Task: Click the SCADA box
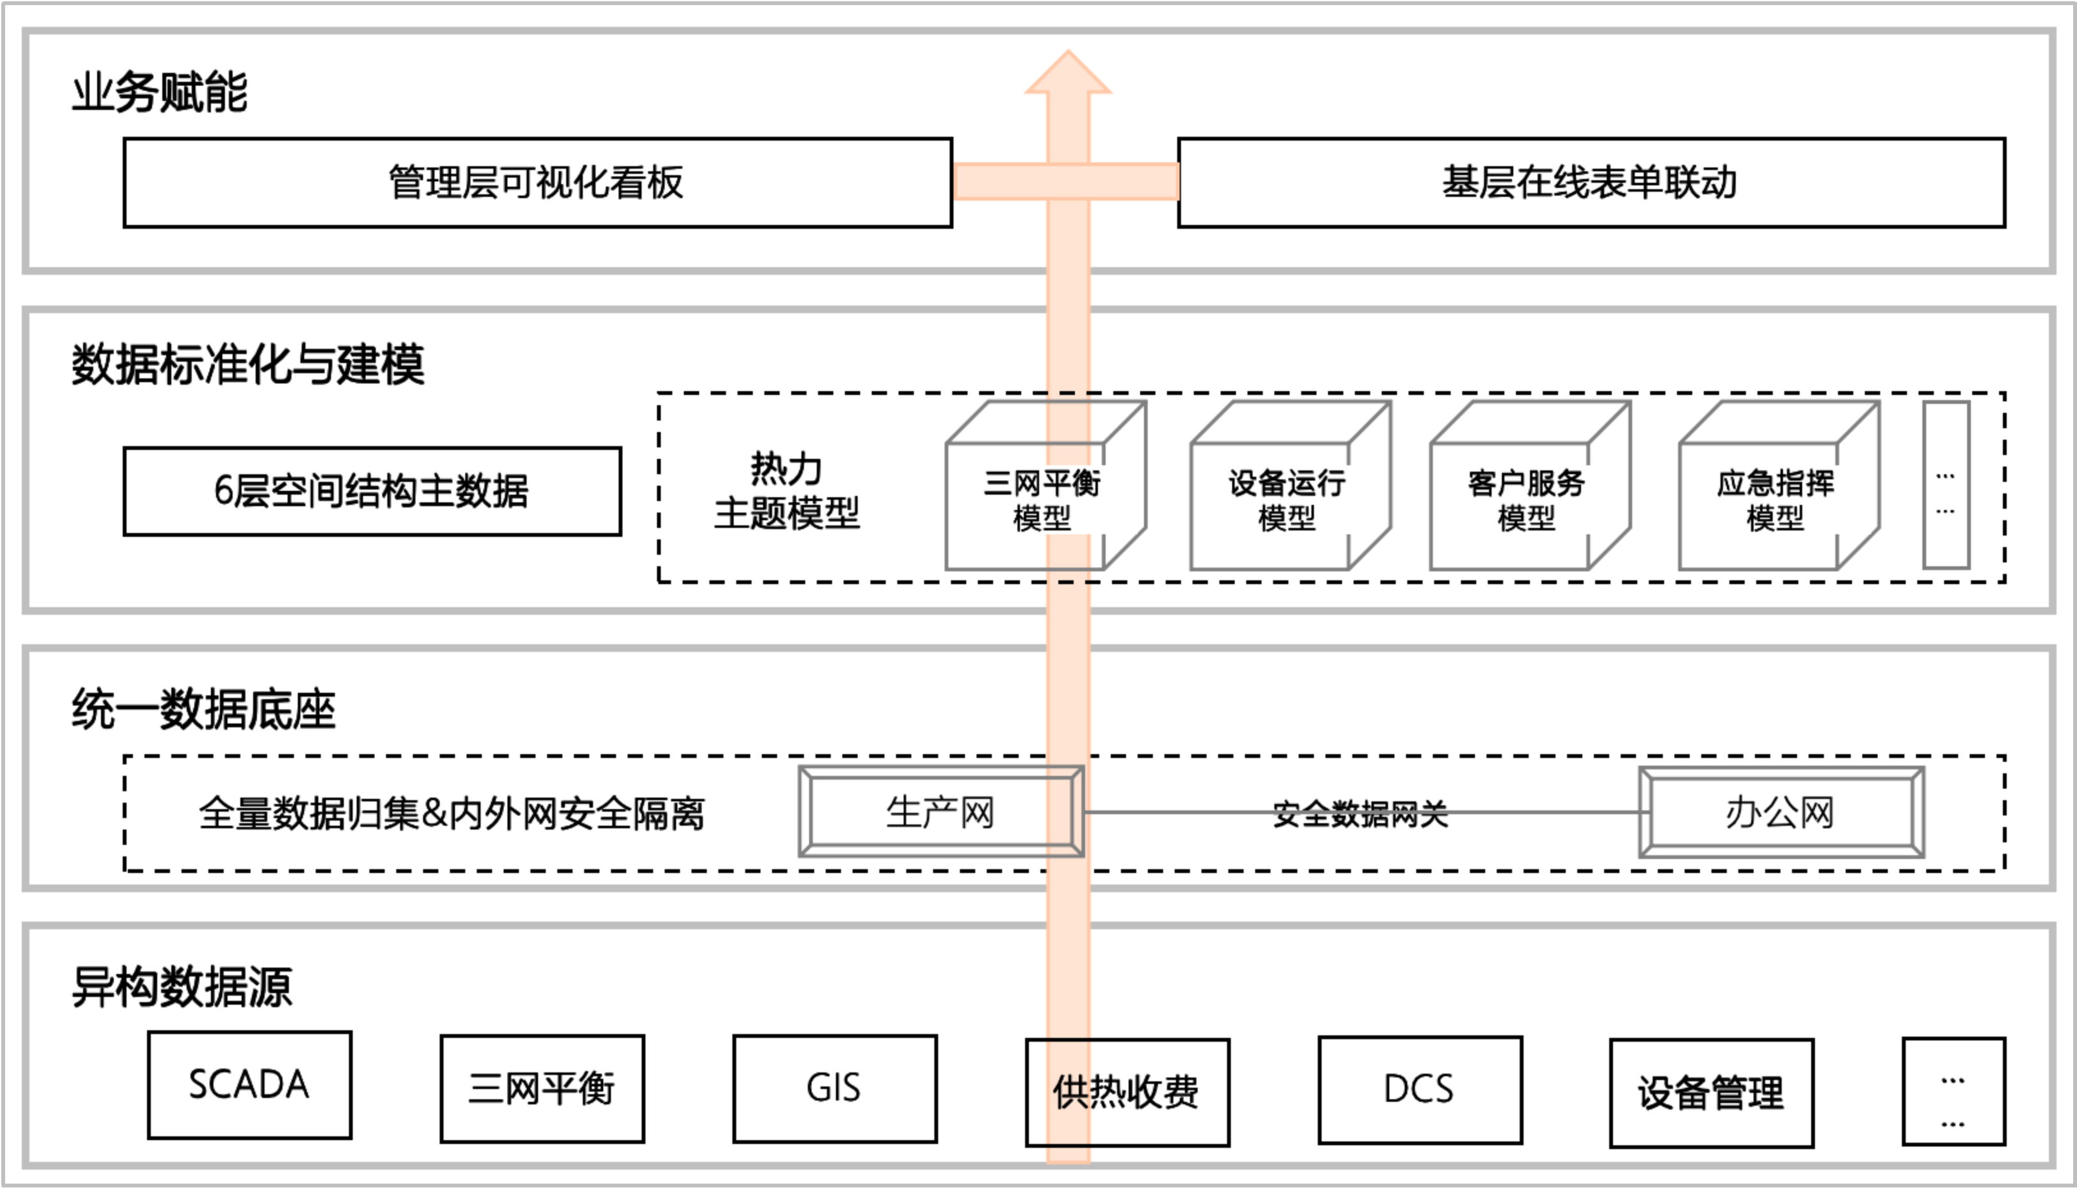(x=249, y=1085)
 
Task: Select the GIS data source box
(x=834, y=1088)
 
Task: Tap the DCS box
(x=1419, y=1090)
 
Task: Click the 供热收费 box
(x=1127, y=1092)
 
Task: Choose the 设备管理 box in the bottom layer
(x=1711, y=1093)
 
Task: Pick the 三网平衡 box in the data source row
(x=542, y=1088)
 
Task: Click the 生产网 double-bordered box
(x=941, y=812)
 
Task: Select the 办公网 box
(x=1780, y=812)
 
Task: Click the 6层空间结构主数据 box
(x=372, y=491)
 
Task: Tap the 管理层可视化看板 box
(x=537, y=182)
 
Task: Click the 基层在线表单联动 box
(x=1590, y=182)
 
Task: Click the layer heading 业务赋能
(x=159, y=91)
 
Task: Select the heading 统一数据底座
(x=203, y=709)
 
